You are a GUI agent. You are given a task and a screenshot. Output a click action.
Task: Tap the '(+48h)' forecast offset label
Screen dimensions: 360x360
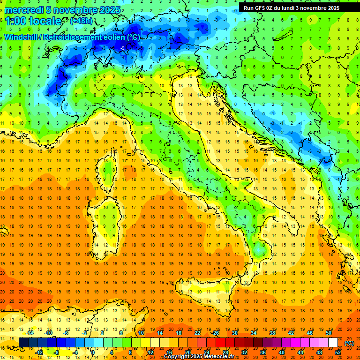coord(81,21)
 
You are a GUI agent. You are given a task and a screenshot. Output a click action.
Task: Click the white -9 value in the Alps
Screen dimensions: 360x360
coord(122,48)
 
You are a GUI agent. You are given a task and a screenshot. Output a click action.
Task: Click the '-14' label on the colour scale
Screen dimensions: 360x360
coord(30,333)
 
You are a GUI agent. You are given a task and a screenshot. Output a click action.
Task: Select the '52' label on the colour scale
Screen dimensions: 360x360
coord(338,352)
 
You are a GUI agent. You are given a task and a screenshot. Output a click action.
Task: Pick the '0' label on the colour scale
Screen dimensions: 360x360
coord(93,352)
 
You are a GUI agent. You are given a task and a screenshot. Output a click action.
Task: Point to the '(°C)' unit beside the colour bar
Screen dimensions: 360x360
coord(349,343)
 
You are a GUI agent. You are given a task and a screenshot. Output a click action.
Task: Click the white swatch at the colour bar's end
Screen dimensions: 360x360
coord(333,343)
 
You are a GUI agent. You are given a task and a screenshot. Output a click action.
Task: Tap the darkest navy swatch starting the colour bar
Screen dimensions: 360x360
coord(24,343)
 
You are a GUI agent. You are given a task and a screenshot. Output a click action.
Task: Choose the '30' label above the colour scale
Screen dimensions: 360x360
coord(235,333)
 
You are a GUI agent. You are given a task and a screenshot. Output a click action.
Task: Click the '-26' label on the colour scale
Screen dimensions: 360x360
coord(215,333)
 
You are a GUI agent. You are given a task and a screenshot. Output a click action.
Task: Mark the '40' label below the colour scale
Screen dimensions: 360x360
coord(281,352)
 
